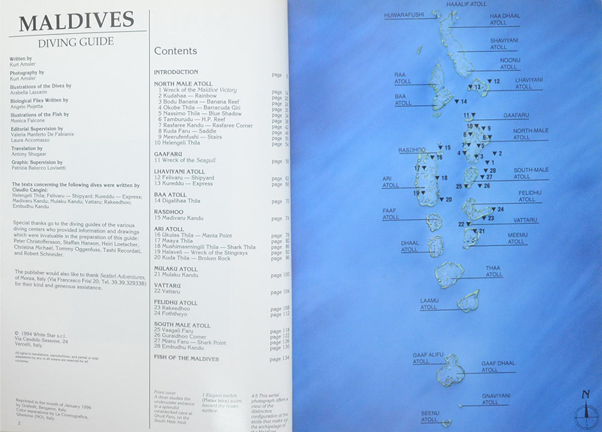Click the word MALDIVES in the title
click(77, 22)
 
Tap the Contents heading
click(175, 51)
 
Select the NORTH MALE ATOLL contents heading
click(183, 84)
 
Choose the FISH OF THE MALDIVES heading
click(186, 359)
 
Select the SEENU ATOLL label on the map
click(430, 416)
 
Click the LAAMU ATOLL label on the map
click(429, 304)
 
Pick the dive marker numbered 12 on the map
click(493, 81)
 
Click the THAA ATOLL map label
click(494, 271)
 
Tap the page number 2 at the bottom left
click(19, 424)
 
